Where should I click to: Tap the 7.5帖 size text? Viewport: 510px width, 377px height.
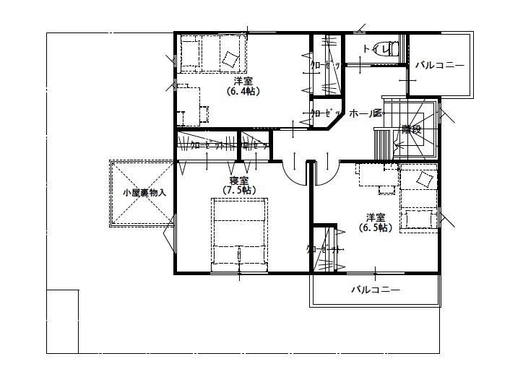pyautogui.click(x=238, y=190)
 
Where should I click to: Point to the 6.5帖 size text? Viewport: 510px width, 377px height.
pyautogui.click(x=375, y=227)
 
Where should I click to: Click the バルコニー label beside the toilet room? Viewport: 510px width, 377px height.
pyautogui.click(x=438, y=66)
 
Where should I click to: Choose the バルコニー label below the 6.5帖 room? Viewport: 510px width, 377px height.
pyautogui.click(x=375, y=290)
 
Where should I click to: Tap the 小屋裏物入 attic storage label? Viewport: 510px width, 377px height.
pyautogui.click(x=144, y=193)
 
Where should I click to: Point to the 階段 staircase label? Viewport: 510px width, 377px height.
pyautogui.click(x=411, y=130)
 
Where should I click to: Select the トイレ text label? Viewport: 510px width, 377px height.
pyautogui.click(x=373, y=49)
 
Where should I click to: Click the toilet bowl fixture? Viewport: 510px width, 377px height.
pyautogui.click(x=391, y=48)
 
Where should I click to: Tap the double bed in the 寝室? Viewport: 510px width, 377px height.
pyautogui.click(x=238, y=235)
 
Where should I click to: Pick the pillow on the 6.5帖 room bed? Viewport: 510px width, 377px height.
pyautogui.click(x=425, y=178)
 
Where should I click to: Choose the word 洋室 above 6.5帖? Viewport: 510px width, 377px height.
pyautogui.click(x=375, y=217)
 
